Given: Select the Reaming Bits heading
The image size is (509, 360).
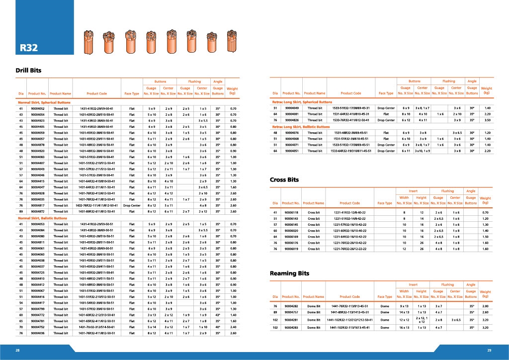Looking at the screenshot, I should coord(289,273).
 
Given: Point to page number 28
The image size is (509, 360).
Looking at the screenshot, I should coord(17,351).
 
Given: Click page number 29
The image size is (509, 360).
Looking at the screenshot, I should coord(489,351).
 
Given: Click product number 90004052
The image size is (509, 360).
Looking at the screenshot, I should coord(38,108).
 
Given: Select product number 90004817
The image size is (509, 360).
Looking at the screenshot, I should coord(38,205).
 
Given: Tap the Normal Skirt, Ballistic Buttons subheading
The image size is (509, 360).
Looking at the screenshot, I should coord(43,218).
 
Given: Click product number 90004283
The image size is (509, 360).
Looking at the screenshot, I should coord(291,328).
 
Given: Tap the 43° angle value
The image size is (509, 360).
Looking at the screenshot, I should coord(218,315).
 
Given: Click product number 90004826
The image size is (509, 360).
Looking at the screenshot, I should coord(292,120).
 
